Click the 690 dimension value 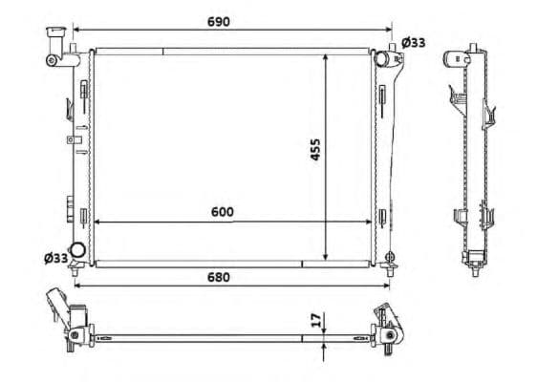coord(219,22)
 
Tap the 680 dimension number coord(219,277)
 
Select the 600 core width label coord(223,212)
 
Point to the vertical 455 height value coord(315,149)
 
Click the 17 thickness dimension coord(317,320)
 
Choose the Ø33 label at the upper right coord(414,43)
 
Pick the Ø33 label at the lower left coord(56,258)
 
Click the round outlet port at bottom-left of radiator coord(77,250)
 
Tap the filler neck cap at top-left coord(55,32)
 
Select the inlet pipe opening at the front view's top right coord(380,58)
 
